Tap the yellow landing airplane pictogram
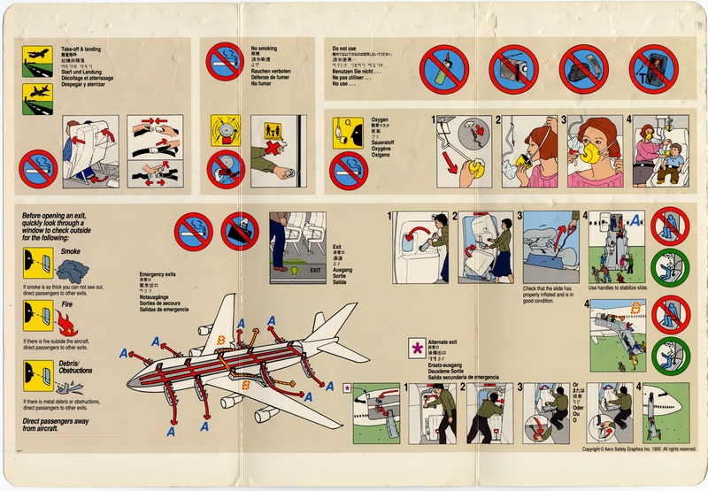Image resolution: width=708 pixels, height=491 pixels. pyautogui.click(x=36, y=95)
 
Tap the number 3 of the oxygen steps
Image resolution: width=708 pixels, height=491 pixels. pyautogui.click(x=563, y=120)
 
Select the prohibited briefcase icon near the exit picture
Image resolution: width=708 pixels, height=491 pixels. pyautogui.click(x=239, y=232)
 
